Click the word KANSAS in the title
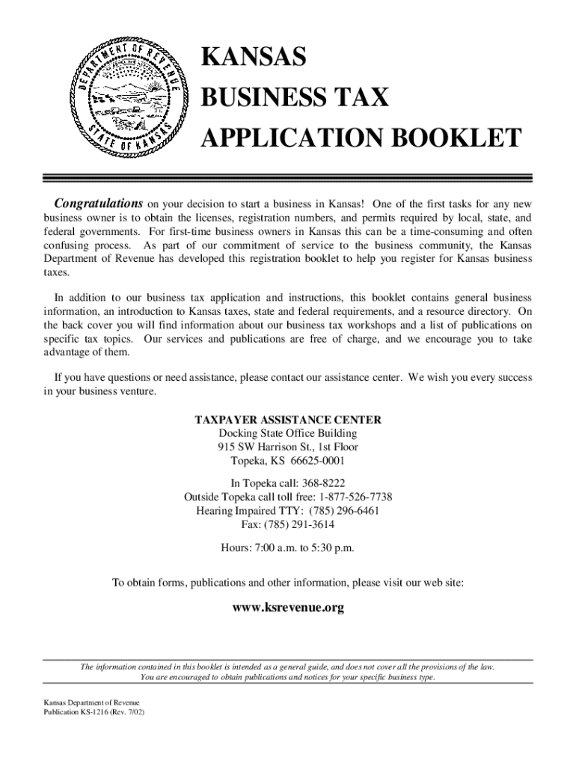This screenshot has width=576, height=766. (x=254, y=58)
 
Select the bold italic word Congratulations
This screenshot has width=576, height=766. (x=98, y=203)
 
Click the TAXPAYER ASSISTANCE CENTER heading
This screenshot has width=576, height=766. (x=288, y=420)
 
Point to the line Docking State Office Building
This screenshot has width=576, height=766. (x=288, y=434)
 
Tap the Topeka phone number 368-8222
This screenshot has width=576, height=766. (x=320, y=484)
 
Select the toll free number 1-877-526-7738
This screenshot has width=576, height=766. (x=355, y=497)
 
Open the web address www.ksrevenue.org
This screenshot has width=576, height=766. (x=288, y=608)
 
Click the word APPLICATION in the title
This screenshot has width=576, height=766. (x=286, y=138)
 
